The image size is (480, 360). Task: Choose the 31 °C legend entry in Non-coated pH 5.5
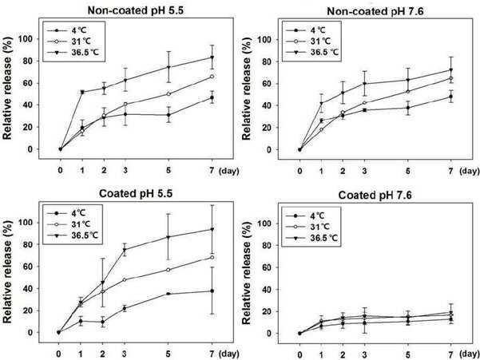69,42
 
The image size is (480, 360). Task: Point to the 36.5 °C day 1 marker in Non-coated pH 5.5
82,92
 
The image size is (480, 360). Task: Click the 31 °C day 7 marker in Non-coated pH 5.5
212,77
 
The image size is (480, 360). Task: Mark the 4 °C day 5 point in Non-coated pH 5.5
169,115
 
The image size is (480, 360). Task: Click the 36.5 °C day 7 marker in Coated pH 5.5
212,229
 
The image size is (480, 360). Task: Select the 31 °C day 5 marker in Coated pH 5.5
168,270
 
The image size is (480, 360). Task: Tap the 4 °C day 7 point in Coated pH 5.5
212,291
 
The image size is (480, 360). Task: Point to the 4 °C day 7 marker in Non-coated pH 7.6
450,97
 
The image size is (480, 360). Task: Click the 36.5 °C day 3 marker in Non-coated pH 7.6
364,84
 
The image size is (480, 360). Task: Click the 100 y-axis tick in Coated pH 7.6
265,224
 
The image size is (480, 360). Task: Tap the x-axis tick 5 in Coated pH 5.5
168,354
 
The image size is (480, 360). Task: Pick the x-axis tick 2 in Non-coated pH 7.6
343,171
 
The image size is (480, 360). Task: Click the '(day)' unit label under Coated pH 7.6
469,354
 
